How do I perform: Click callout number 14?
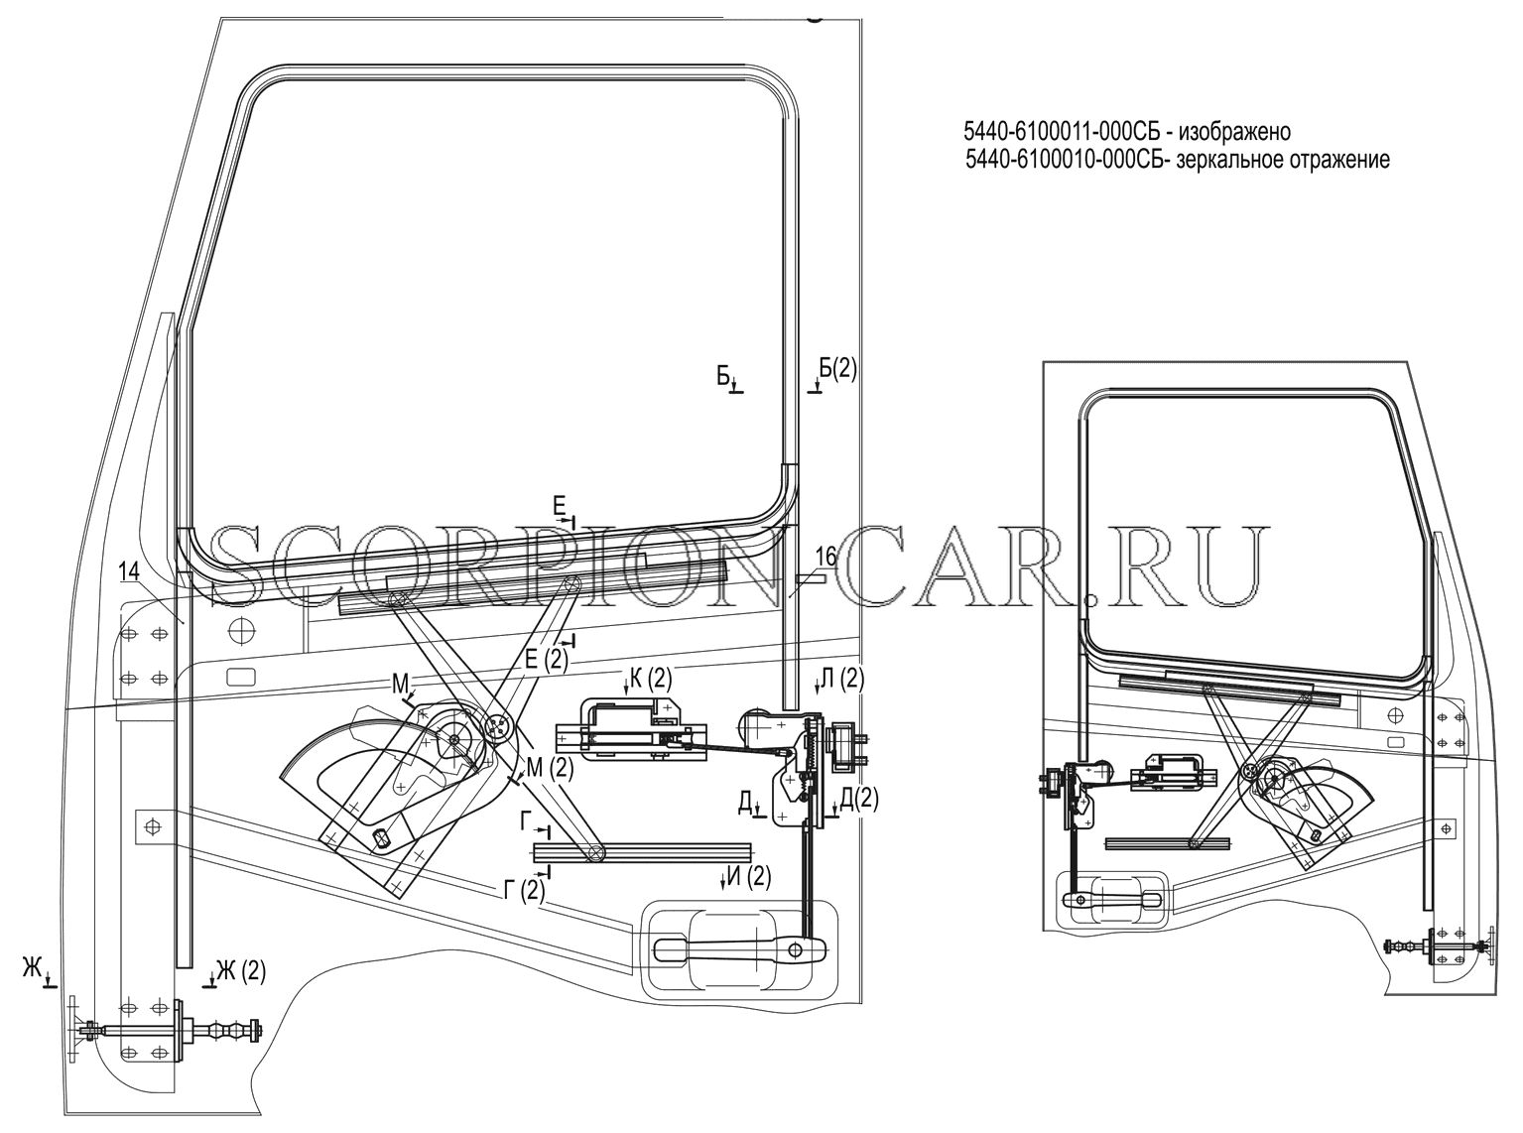[x=128, y=570]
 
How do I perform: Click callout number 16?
[x=826, y=557]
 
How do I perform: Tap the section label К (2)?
[x=650, y=680]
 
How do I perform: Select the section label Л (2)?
[x=842, y=680]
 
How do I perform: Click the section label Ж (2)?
[x=240, y=971]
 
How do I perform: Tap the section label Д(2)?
[x=858, y=798]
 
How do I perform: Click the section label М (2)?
[x=550, y=768]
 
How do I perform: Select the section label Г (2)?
[x=524, y=891]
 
